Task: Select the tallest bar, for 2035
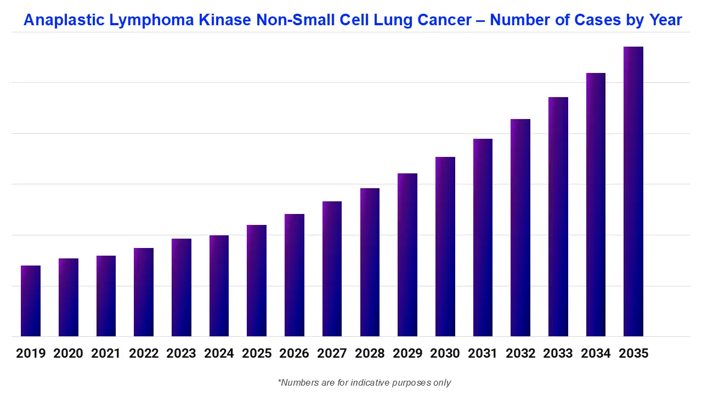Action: [633, 192]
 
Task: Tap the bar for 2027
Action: [332, 269]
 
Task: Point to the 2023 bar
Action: [182, 287]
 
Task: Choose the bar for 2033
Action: [558, 217]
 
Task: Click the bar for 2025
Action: [257, 280]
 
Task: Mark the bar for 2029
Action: [407, 255]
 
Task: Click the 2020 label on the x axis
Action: [68, 353]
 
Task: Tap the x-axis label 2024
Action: [219, 353]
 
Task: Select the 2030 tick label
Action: [445, 353]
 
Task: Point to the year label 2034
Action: [596, 353]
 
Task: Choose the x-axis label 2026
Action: [294, 353]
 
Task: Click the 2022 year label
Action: [144, 353]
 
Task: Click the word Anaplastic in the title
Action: [64, 21]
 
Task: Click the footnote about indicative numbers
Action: [364, 382]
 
